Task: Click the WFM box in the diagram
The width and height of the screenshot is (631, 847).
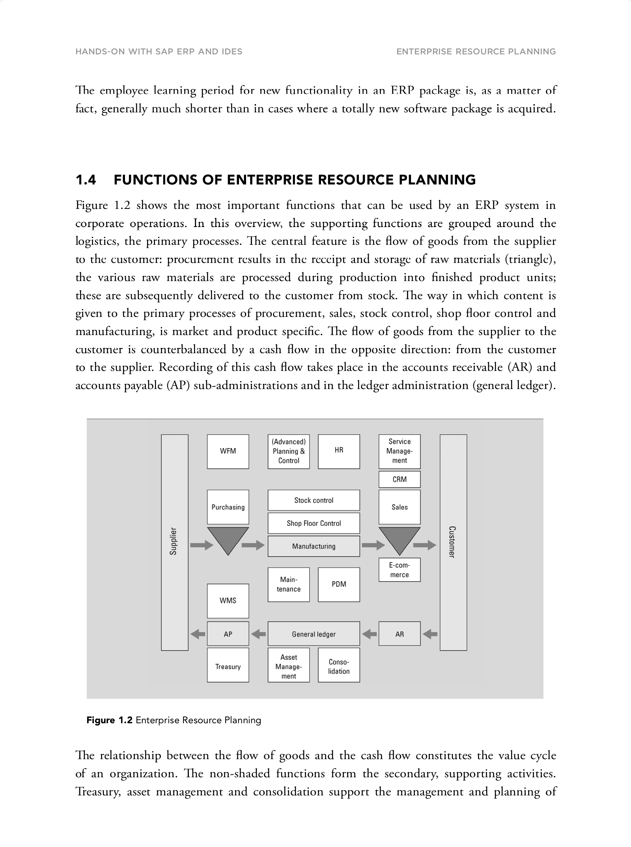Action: [228, 451]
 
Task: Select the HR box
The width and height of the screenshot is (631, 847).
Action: [339, 451]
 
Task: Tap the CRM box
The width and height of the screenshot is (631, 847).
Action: [400, 479]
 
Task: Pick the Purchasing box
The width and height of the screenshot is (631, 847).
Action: [228, 507]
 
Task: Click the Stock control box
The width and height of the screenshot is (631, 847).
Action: [314, 500]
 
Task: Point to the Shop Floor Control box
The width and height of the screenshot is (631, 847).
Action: [314, 523]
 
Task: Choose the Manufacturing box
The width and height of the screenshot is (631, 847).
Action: [314, 546]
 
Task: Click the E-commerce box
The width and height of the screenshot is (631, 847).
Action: [400, 570]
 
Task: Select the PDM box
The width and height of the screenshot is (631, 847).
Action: [339, 584]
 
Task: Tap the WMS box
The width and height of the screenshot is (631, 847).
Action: [228, 601]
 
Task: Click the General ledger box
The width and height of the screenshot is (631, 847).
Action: [314, 634]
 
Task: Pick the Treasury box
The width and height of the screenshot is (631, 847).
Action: [228, 666]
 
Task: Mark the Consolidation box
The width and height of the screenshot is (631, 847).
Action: [339, 666]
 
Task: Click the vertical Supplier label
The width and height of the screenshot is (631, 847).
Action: [174, 541]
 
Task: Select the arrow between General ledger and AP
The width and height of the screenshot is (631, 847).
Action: [258, 634]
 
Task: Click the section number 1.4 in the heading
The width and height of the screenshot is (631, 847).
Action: [86, 180]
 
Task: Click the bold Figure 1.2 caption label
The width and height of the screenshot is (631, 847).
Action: [109, 720]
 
